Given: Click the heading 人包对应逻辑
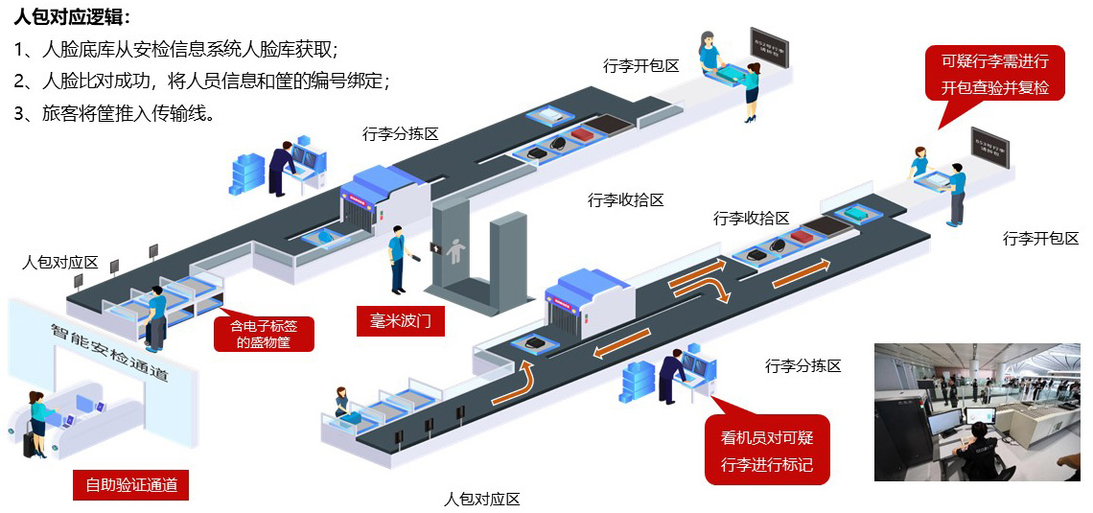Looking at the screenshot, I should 73,17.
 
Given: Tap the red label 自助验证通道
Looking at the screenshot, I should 131,484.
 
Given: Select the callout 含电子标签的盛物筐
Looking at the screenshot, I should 264,333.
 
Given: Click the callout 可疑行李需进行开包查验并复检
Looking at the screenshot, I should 994,74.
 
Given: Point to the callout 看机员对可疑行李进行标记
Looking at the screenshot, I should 766,451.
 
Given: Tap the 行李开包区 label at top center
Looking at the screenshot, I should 641,66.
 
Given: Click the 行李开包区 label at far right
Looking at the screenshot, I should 1040,238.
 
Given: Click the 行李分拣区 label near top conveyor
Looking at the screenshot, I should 401,133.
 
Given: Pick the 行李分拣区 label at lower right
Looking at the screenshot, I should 802,365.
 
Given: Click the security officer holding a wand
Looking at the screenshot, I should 398,259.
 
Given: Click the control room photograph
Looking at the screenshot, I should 978,411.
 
